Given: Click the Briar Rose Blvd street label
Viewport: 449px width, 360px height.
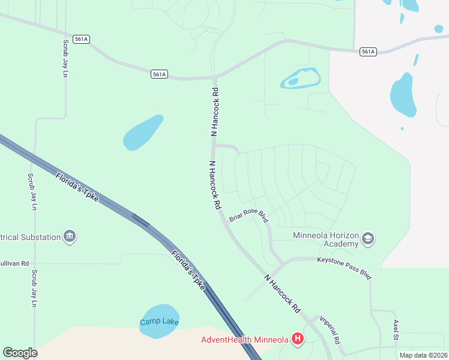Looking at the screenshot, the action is coord(249,217).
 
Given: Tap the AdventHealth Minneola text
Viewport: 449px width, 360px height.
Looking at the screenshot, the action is coord(244,340).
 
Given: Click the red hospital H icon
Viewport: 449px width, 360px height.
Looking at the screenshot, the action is coord(298,340).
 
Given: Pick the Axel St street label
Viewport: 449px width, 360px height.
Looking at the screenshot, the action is coord(396,329).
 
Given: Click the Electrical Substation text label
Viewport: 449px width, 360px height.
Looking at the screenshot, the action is coord(30,237).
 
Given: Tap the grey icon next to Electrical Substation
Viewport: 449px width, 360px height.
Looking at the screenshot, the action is coord(70,236).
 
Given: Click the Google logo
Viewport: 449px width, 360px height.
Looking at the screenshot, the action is coord(20,353).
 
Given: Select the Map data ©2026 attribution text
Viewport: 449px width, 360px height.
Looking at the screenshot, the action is coord(423,355).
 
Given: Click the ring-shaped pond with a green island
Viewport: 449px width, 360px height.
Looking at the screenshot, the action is coord(300,79).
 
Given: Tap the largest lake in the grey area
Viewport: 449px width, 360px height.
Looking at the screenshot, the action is coord(403,95).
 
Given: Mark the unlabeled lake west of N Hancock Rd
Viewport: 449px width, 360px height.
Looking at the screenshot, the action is coord(143,133).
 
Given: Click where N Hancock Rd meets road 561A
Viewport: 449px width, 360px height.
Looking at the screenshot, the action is coord(214,77).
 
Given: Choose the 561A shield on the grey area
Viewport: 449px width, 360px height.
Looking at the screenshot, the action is coord(368,52).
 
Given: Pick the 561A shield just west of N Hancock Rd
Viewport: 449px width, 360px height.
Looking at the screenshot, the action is coord(159,74).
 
